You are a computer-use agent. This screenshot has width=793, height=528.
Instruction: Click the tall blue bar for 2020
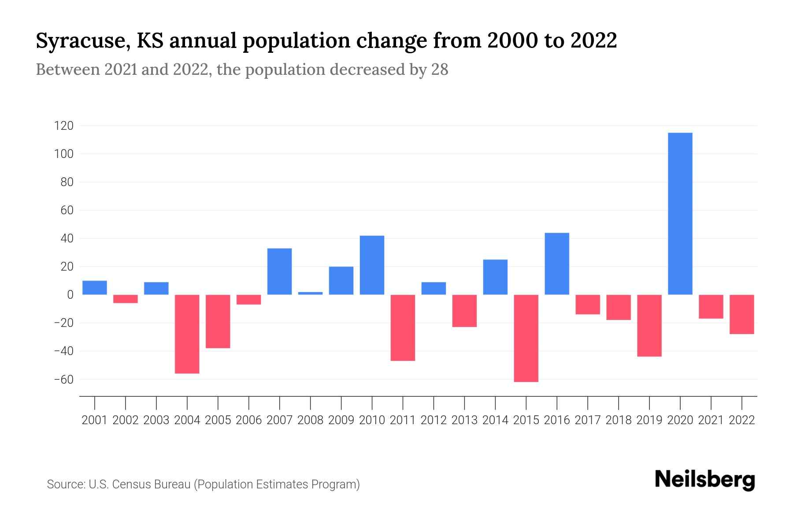(x=680, y=213)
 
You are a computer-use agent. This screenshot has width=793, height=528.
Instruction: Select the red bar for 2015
(x=526, y=338)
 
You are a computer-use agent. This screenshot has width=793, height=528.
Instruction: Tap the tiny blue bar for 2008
(x=310, y=293)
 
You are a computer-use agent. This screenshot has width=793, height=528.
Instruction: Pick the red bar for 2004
(x=187, y=334)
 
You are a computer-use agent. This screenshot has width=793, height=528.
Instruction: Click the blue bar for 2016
(x=557, y=264)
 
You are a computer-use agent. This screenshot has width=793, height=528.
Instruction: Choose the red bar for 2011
(x=403, y=328)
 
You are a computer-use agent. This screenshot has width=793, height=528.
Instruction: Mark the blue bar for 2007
(x=279, y=271)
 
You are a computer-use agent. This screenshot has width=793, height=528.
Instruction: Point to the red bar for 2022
(x=742, y=314)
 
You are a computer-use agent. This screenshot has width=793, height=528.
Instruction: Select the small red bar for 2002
(x=126, y=299)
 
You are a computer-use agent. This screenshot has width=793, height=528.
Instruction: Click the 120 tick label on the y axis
(x=63, y=126)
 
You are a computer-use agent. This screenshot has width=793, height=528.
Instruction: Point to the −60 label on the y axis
(x=63, y=379)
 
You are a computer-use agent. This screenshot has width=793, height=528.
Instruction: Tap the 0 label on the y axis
(x=70, y=295)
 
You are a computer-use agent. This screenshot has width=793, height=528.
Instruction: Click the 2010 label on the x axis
(x=372, y=420)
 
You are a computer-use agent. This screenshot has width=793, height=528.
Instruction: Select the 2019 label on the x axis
(x=649, y=420)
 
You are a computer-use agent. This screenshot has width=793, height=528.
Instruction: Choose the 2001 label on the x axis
(x=95, y=420)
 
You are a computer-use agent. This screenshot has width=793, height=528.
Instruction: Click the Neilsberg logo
(x=705, y=480)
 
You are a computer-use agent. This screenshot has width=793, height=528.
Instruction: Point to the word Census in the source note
(x=130, y=484)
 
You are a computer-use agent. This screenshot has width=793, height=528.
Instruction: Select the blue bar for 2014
(x=495, y=277)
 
